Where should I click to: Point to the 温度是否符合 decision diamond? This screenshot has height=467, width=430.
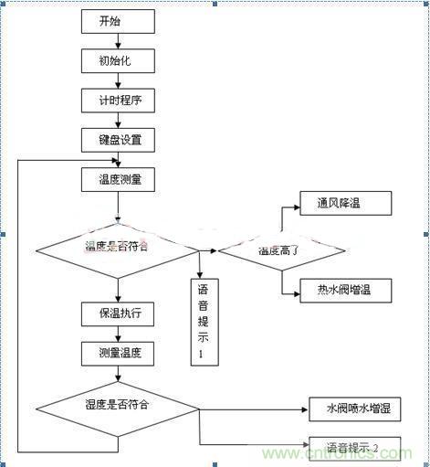tap(116, 248)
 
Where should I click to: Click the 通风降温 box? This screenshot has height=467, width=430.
tap(346, 203)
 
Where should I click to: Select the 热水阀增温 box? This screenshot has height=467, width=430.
tap(346, 292)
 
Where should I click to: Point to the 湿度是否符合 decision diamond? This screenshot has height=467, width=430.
tap(116, 404)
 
